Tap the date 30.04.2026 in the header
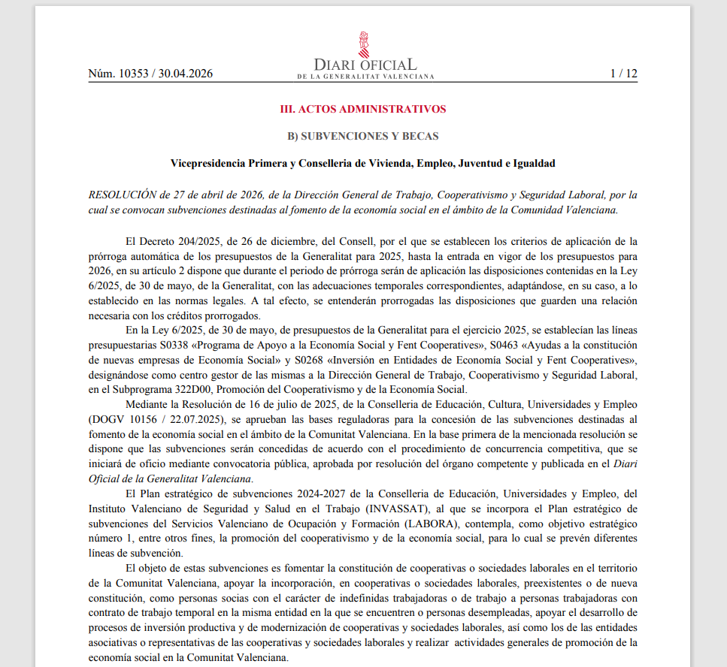coord(186,74)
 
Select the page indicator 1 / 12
coord(623,74)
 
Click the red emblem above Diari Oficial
coord(364,44)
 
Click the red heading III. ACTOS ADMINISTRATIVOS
coord(363,109)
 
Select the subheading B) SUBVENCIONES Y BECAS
coord(363,136)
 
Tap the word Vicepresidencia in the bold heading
coord(207,163)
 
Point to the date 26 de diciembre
coord(278,241)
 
